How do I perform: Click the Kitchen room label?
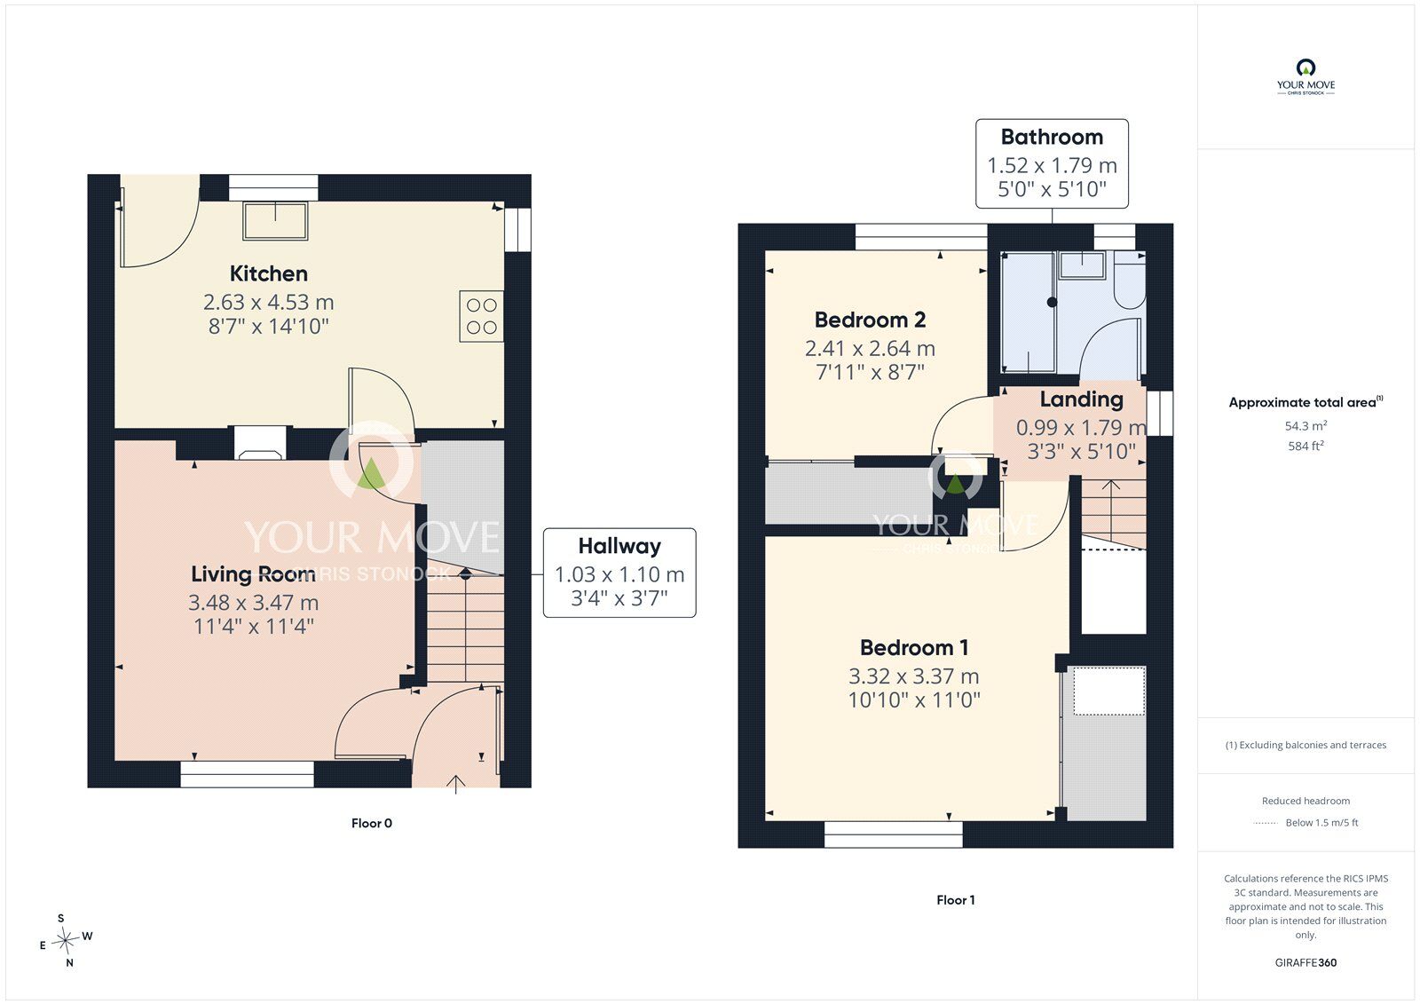coord(269,273)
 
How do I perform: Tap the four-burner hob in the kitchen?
coord(481,317)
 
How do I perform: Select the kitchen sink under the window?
coord(275,221)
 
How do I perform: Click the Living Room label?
coord(253,574)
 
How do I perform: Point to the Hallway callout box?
coord(619,573)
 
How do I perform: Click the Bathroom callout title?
coord(1052,137)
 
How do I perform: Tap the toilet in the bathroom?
coord(1131,281)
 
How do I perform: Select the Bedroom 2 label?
coord(870,320)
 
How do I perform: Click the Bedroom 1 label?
coord(913,647)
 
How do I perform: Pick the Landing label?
coord(1082,399)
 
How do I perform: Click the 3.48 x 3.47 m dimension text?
coord(253,602)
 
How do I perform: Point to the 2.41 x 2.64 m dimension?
coord(870,348)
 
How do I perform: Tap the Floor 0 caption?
coord(372,823)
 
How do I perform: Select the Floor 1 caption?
coord(955,900)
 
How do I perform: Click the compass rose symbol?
coord(65,940)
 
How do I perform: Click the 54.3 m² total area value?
coord(1306,425)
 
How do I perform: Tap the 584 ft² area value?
coord(1306,446)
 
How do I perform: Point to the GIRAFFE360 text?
coord(1306,962)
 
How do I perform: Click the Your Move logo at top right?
coord(1306,77)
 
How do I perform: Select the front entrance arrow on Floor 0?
coord(456,784)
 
